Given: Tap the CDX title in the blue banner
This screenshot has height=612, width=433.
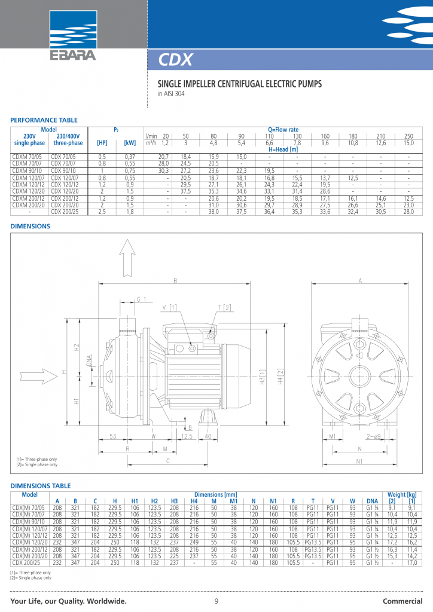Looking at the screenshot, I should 175,60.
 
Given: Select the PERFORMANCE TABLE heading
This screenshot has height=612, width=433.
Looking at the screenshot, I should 44,120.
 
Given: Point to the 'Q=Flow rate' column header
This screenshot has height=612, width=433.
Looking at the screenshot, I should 283,130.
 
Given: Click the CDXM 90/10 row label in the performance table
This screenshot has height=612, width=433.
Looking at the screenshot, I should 29,170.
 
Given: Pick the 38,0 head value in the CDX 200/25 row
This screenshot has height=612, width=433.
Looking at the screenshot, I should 214,211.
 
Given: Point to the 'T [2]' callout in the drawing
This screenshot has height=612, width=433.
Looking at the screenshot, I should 225,307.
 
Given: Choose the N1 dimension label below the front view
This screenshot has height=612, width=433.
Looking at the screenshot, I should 361,461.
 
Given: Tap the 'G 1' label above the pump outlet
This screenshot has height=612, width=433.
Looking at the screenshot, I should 142,299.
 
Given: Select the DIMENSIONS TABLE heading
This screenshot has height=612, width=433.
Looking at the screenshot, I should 41,486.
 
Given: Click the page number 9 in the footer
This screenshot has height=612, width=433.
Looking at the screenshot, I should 216,601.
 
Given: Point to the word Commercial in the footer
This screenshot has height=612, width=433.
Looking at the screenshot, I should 402,601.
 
